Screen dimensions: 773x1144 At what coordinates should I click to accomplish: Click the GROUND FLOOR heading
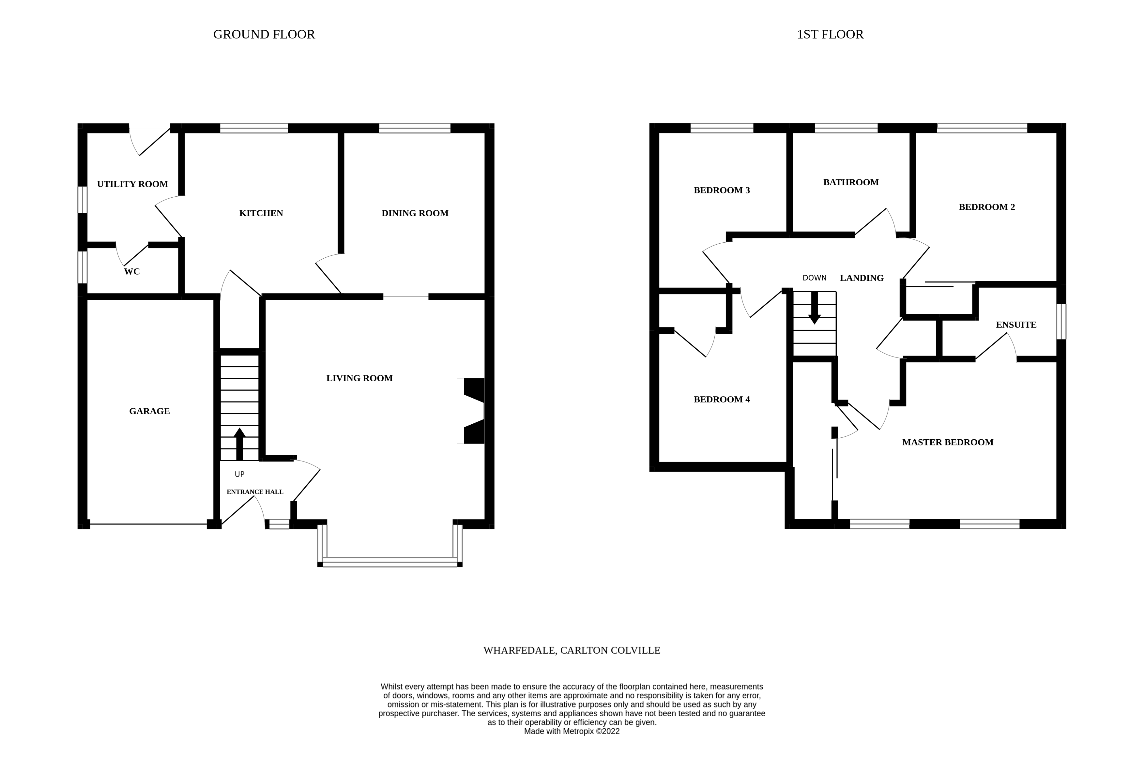click(x=264, y=35)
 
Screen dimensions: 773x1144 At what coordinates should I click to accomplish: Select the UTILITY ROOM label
click(x=132, y=184)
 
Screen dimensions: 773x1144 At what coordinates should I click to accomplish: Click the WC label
click(x=131, y=272)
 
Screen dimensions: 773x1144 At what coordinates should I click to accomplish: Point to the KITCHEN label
click(x=261, y=213)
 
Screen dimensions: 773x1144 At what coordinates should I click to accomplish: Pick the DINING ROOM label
click(x=415, y=213)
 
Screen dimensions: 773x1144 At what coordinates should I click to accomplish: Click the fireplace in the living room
click(x=472, y=411)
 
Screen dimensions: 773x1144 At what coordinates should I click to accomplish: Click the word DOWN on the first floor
click(x=814, y=278)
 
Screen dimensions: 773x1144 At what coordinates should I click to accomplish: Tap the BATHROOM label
click(x=851, y=182)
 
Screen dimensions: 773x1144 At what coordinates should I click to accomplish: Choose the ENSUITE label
click(x=1016, y=325)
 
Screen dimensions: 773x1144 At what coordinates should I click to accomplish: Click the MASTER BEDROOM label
click(x=948, y=442)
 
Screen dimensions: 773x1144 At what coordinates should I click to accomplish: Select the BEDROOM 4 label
click(x=722, y=400)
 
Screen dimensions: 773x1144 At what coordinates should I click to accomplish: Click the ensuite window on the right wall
click(x=1062, y=321)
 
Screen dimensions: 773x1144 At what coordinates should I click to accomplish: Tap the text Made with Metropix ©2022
click(x=572, y=731)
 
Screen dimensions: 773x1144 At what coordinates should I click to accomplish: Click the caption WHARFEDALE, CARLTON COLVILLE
click(x=572, y=650)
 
